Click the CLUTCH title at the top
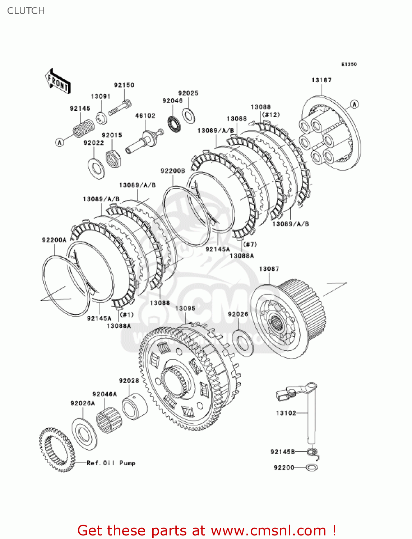click(x=26, y=11)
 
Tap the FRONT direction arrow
click(x=58, y=82)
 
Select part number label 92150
click(x=124, y=85)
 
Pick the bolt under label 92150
click(x=120, y=107)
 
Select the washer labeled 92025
click(x=188, y=115)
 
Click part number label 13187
click(x=321, y=80)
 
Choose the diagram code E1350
click(x=349, y=64)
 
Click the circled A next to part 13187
click(x=354, y=104)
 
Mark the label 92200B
click(x=173, y=171)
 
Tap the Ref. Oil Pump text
click(x=111, y=463)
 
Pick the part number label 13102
click(x=286, y=413)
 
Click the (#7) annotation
click(x=250, y=244)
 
